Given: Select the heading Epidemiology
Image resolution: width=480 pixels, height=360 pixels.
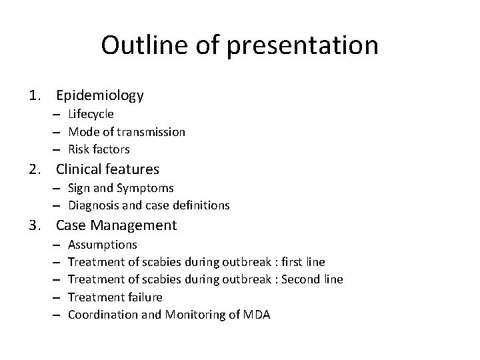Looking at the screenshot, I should [x=100, y=95].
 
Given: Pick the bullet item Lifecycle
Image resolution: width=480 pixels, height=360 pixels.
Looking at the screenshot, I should [x=91, y=114].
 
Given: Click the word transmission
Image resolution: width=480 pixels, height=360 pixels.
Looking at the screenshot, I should [x=154, y=132].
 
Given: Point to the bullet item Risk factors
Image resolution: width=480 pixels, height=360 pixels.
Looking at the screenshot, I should [x=99, y=149].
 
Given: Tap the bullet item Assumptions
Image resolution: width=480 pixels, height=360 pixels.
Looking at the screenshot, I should [x=102, y=245].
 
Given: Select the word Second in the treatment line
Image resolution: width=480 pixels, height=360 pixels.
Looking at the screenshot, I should [x=300, y=279].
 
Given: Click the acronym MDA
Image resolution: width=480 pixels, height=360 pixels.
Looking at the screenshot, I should [x=257, y=314].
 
